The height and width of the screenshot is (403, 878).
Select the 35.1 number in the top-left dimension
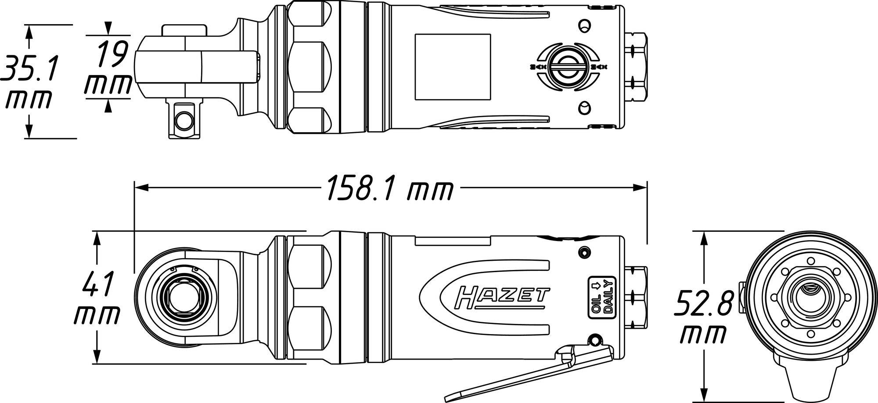29,68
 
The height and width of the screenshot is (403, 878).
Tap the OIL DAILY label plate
602,297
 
